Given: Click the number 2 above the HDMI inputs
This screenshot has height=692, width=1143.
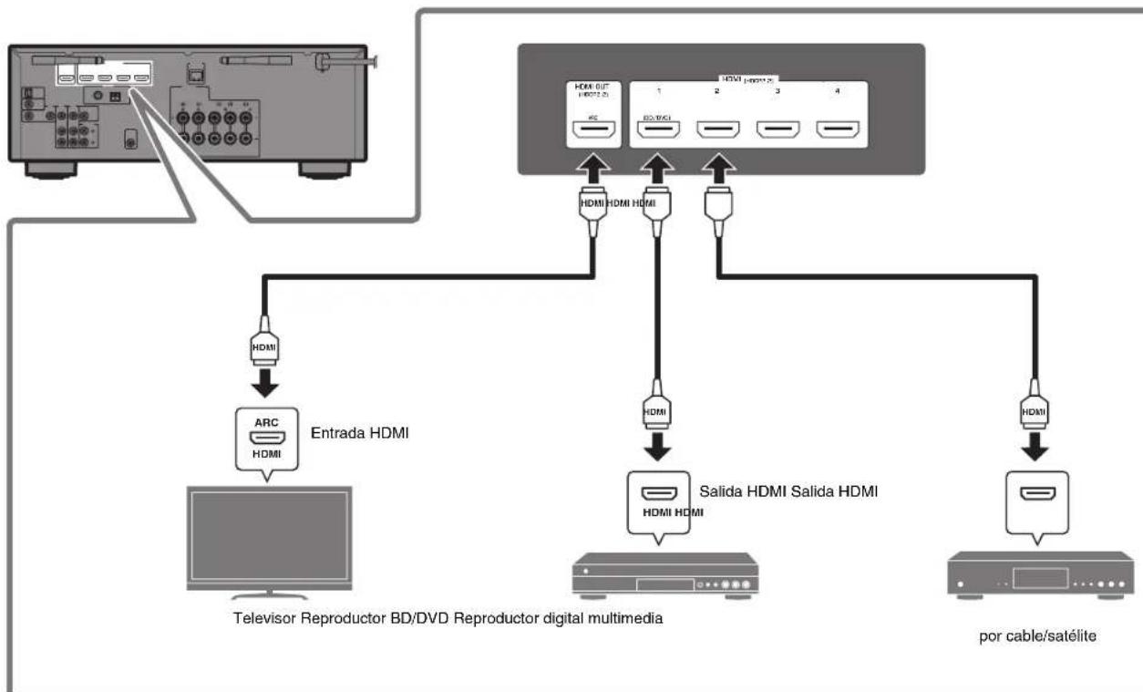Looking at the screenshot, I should click(718, 93).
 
